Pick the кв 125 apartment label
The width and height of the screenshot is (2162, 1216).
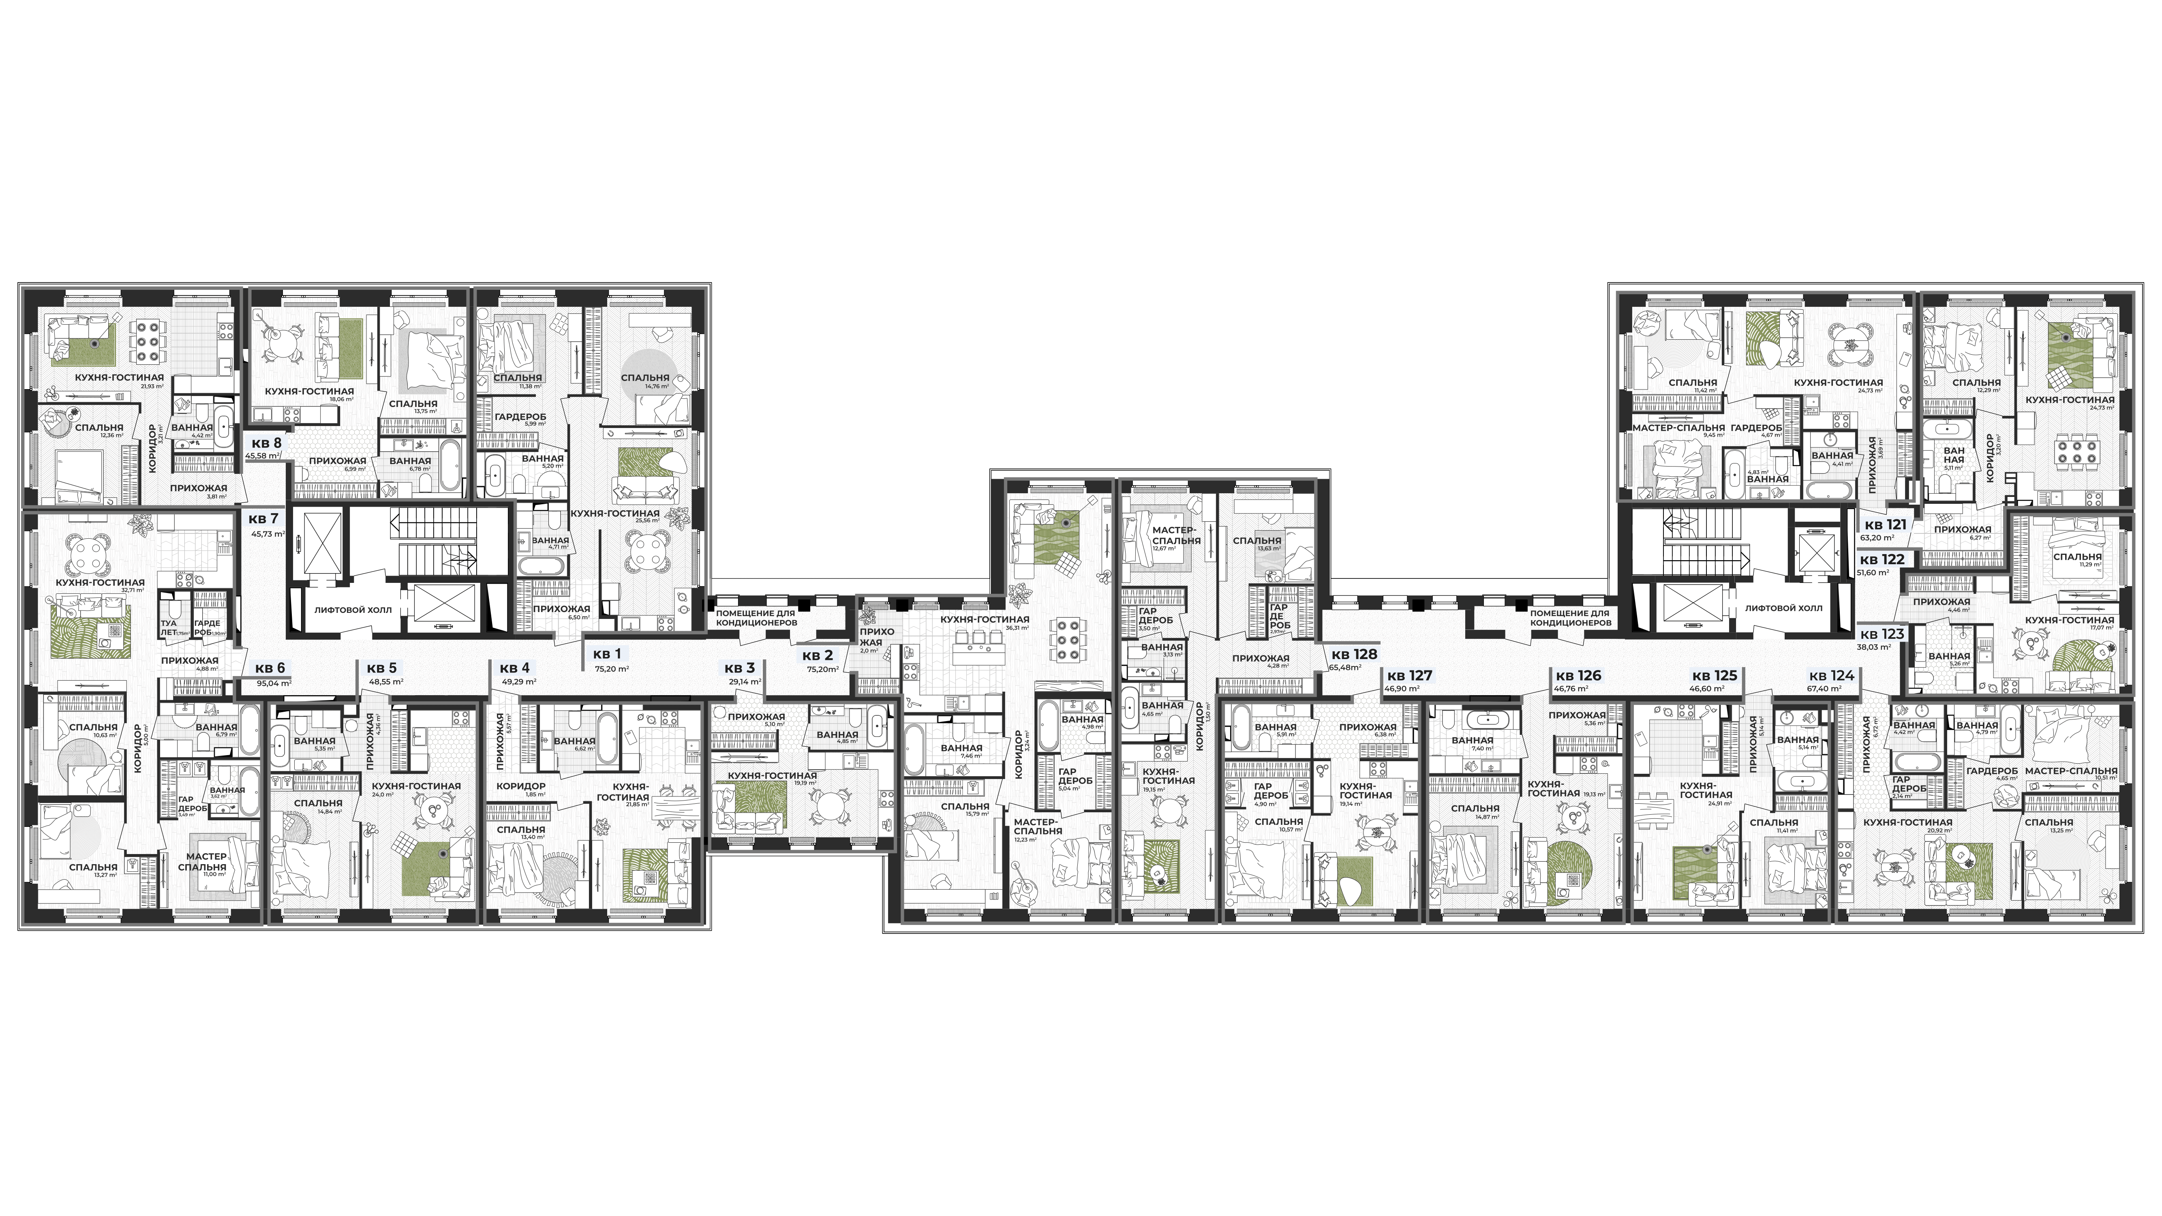[1714, 675]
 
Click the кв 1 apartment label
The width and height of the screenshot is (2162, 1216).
[607, 654]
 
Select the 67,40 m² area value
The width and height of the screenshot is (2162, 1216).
[1825, 688]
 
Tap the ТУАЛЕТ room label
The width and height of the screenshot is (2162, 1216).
[169, 628]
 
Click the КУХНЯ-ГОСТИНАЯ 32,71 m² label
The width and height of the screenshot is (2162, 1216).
[100, 582]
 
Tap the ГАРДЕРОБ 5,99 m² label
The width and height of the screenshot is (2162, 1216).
[520, 417]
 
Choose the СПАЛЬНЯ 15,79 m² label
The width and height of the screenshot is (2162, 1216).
[965, 807]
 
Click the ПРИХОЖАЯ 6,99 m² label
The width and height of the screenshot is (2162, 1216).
[337, 462]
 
